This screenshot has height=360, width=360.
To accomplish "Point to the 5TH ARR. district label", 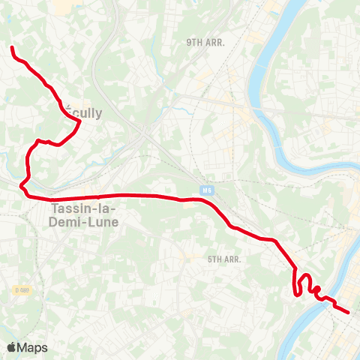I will tap(223, 259).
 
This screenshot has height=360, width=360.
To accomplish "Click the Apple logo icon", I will tap(11, 347).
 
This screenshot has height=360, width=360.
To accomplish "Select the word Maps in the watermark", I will tap(33, 347).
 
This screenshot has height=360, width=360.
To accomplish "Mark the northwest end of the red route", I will tap(12, 48).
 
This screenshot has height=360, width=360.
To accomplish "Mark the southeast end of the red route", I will tap(348, 312).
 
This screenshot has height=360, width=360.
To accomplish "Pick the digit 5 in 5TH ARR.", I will tap(210, 259).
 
